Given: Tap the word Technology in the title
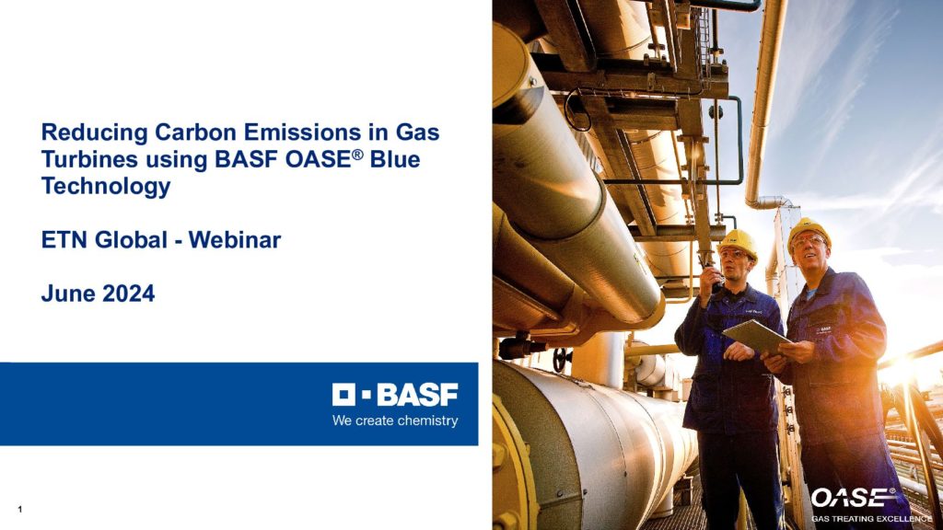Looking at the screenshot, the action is [x=106, y=187].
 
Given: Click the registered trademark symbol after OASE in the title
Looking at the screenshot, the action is [x=358, y=154].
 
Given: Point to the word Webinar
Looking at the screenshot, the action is [x=235, y=240].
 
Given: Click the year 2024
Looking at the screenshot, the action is [x=129, y=294].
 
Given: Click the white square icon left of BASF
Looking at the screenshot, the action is [x=343, y=395].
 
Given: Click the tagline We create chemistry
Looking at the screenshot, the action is [x=395, y=421].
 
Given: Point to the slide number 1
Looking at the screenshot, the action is [x=20, y=510].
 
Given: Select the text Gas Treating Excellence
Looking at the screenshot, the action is [x=871, y=519].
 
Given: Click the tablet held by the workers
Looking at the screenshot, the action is [x=757, y=337].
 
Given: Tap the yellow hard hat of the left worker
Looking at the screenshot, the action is [x=739, y=243].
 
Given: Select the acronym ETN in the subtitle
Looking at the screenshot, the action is [x=65, y=240].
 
